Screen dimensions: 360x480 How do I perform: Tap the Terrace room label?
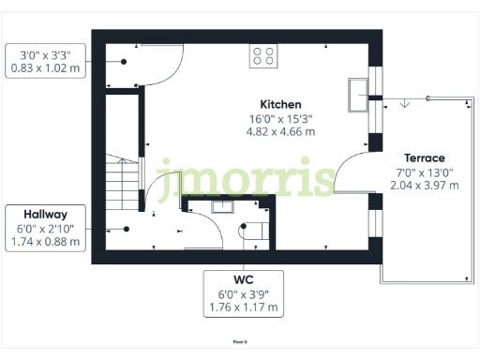point(424,157)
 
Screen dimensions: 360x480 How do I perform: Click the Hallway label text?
point(45,214)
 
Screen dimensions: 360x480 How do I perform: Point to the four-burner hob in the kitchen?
point(263,56)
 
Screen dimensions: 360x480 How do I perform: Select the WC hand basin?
point(223,209)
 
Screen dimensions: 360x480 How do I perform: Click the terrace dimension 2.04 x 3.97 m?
point(424,185)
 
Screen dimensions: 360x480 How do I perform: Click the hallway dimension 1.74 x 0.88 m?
point(45,242)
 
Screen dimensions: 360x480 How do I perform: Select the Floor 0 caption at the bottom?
point(240,343)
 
